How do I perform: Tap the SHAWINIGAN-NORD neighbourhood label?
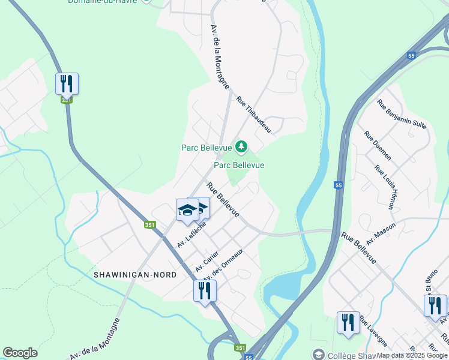[135, 274]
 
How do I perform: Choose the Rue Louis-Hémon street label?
[385, 187]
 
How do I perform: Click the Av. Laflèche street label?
[191, 235]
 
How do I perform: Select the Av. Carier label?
[206, 261]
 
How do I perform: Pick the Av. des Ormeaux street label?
[224, 265]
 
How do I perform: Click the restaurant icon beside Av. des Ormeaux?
[205, 291]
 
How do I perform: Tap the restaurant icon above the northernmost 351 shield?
[67, 83]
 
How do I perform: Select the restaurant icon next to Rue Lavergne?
[348, 322]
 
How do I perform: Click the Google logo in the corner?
[20, 353]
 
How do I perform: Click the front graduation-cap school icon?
[187, 210]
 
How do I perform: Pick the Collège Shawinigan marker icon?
[318, 355]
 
